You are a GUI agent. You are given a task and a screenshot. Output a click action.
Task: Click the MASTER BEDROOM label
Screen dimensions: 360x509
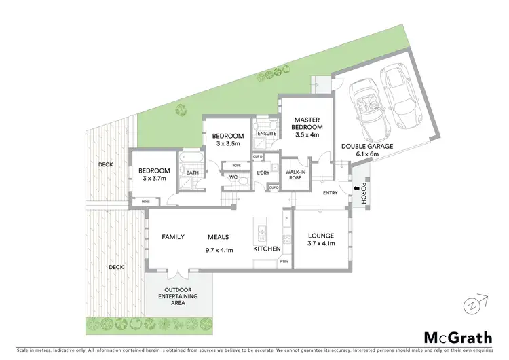[307, 127]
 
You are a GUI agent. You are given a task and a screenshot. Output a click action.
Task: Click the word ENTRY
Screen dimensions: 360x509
[331, 193]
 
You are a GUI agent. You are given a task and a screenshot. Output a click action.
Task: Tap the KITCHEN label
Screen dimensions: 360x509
[267, 250]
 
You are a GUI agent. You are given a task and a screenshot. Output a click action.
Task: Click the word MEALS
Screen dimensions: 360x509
[218, 237]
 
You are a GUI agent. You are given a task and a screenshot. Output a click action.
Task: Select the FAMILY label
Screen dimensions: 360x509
[173, 237]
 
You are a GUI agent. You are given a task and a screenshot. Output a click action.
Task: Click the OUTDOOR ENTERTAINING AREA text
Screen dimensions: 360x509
[178, 296]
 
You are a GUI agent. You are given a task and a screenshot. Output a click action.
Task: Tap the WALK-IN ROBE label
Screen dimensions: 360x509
[294, 176]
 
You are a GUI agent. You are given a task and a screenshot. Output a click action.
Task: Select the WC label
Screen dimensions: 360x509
[232, 178]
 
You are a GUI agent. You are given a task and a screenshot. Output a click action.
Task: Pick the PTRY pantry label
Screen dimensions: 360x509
[284, 262]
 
